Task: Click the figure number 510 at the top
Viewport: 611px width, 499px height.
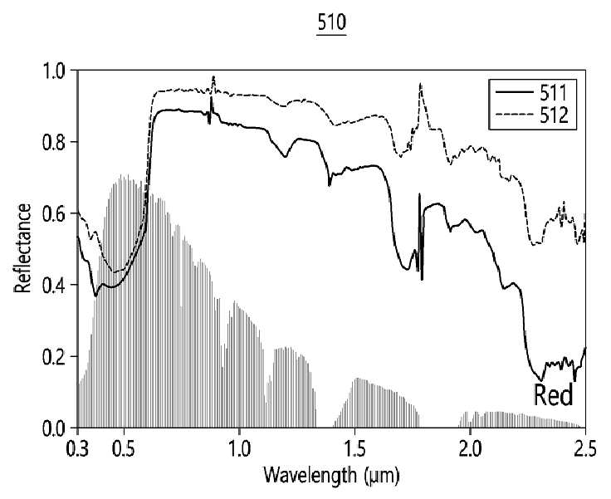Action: (331, 23)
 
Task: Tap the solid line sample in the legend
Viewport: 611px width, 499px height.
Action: (514, 91)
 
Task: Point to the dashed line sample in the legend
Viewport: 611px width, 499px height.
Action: (514, 115)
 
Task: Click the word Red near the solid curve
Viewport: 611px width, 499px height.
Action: (554, 394)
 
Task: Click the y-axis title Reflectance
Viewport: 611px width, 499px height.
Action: (22, 248)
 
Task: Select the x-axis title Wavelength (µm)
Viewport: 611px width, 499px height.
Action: (331, 475)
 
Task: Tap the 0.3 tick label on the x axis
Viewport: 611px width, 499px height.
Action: (78, 449)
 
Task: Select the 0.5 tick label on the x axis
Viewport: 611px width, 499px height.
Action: (124, 449)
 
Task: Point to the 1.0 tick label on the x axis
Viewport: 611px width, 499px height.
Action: (239, 449)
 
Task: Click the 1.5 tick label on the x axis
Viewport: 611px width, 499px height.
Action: (354, 449)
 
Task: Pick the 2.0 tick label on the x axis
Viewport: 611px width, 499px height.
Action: (471, 449)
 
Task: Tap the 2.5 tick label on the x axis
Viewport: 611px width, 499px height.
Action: (584, 449)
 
